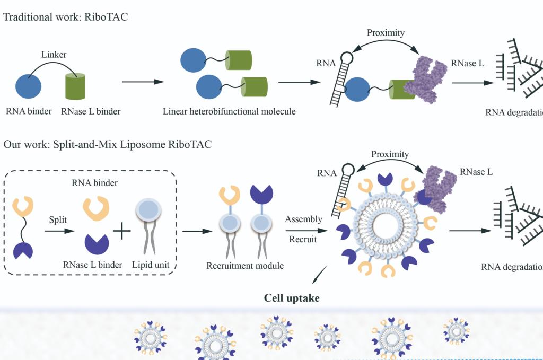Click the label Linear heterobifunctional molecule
pyautogui.click(x=229, y=112)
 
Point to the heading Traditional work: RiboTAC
pyautogui.click(x=66, y=17)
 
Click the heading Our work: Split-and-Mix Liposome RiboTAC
pyautogui.click(x=108, y=144)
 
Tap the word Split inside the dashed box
pyautogui.click(x=57, y=218)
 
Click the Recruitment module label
pyautogui.click(x=245, y=265)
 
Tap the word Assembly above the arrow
pyautogui.click(x=303, y=219)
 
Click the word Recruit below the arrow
pyautogui.click(x=303, y=239)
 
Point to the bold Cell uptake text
pyautogui.click(x=292, y=298)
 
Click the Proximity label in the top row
pyautogui.click(x=386, y=33)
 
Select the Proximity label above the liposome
pyautogui.click(x=390, y=154)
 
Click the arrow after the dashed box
pyautogui.click(x=197, y=231)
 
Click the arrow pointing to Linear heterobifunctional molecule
pyautogui.click(x=142, y=82)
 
